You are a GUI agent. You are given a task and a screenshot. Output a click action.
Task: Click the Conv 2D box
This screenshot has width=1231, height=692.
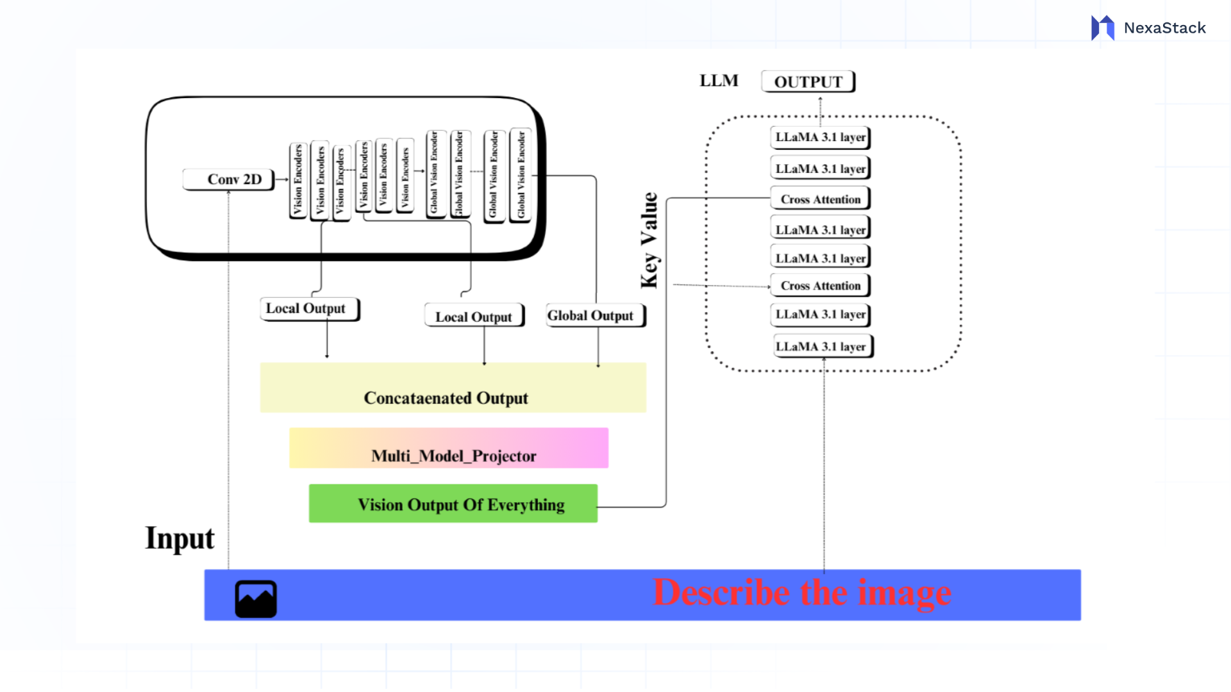228,179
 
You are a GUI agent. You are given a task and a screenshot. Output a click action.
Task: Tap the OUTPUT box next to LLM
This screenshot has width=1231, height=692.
808,82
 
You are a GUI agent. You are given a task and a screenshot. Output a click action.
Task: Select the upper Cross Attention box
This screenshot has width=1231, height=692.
820,199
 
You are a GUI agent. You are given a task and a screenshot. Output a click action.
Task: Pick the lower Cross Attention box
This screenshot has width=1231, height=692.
820,286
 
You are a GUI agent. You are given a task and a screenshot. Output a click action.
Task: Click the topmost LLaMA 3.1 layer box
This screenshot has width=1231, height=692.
820,137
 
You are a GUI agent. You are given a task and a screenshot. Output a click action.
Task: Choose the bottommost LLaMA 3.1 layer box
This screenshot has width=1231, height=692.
822,346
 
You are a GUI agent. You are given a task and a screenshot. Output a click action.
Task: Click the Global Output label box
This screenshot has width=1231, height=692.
595,315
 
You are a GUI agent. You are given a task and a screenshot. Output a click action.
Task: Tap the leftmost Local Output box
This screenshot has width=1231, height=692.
309,309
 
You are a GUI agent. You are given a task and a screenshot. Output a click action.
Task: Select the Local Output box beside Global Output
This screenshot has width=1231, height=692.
474,317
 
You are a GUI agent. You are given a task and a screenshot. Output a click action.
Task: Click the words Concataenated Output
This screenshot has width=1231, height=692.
446,398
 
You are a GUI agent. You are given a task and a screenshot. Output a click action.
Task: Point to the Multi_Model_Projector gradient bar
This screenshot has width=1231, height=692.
449,449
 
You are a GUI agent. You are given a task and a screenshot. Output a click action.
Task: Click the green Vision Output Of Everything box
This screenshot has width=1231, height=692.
453,504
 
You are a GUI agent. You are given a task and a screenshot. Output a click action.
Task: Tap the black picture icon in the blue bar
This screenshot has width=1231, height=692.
256,599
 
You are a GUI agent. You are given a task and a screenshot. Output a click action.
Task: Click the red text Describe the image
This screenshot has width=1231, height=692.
801,593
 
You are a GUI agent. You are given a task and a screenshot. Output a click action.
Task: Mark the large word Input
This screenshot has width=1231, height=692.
180,538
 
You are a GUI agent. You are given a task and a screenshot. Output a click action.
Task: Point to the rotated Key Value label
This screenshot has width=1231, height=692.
649,241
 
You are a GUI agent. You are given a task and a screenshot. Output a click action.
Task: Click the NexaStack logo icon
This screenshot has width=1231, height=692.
1102,28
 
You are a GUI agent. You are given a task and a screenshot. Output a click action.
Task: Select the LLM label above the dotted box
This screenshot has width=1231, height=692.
719,81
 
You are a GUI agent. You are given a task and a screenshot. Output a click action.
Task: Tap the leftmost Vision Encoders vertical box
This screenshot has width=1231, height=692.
297,181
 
